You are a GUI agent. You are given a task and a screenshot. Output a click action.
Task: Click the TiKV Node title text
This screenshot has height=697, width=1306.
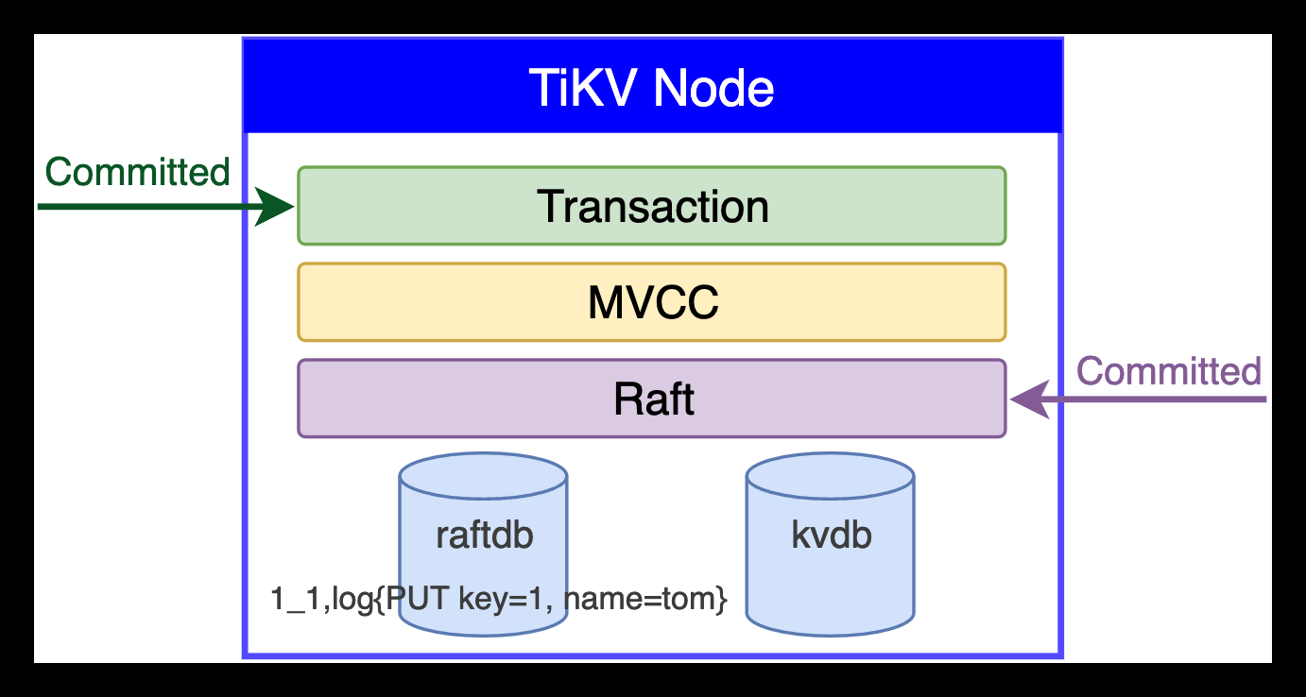click(652, 88)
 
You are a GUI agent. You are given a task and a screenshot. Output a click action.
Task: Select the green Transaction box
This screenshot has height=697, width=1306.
click(652, 206)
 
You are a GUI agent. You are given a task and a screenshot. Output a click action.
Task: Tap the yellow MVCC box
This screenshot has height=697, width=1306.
click(652, 302)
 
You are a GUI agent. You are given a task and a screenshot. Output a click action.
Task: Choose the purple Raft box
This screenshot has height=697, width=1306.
click(652, 399)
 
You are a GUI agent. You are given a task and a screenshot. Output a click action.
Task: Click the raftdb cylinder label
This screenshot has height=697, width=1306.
click(484, 535)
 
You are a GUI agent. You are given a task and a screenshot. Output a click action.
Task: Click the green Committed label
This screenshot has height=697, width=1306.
click(137, 172)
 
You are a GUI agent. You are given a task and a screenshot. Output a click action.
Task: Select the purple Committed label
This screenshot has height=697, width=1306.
click(1169, 371)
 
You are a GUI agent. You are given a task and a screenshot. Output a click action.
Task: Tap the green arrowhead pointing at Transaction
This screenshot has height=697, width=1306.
click(277, 206)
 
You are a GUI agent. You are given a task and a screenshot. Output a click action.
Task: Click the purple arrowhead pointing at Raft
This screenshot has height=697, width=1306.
click(1028, 399)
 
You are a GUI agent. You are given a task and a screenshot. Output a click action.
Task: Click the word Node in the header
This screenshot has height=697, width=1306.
click(714, 88)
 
